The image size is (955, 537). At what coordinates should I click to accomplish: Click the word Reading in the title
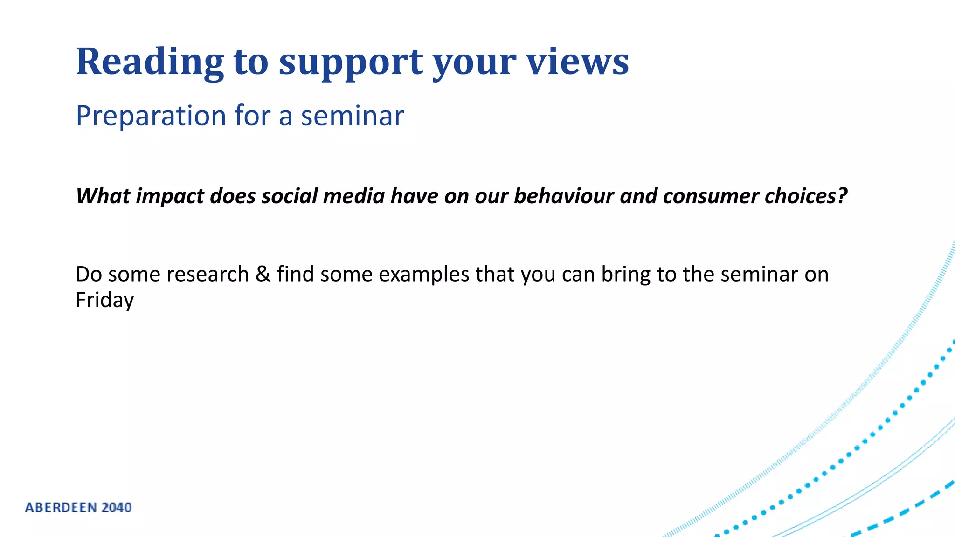click(x=150, y=62)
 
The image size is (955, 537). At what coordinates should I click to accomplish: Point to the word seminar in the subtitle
click(x=352, y=116)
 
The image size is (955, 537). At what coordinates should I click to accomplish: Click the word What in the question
click(x=103, y=196)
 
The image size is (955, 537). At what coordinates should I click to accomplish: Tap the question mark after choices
click(x=842, y=196)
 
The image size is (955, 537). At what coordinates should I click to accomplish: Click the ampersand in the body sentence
click(x=263, y=274)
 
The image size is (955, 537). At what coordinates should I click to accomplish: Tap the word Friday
click(x=104, y=300)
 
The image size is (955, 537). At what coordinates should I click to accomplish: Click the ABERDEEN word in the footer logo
click(x=61, y=508)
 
